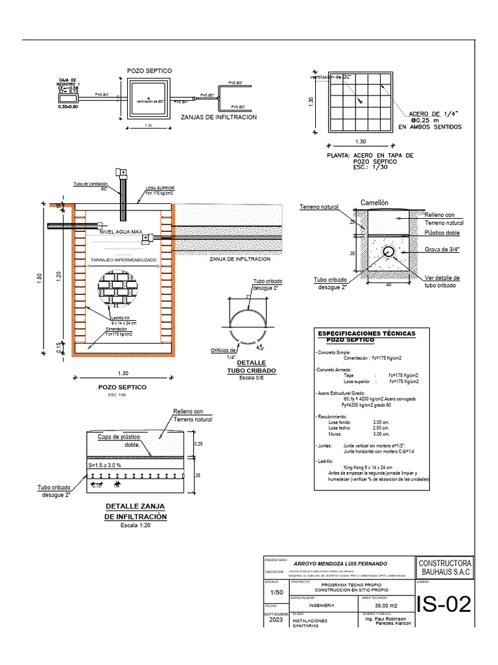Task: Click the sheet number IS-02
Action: coord(444,605)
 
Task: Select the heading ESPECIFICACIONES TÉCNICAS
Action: coord(366,333)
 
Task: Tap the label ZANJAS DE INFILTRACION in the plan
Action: coord(219,117)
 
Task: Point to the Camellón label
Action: coord(374,203)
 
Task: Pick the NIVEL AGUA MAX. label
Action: coord(121,231)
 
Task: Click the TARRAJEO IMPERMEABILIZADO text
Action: coord(123,259)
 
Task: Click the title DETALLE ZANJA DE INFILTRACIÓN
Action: coord(136,511)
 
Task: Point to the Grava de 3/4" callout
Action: coord(442,249)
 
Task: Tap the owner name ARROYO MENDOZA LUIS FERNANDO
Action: coord(341,562)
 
